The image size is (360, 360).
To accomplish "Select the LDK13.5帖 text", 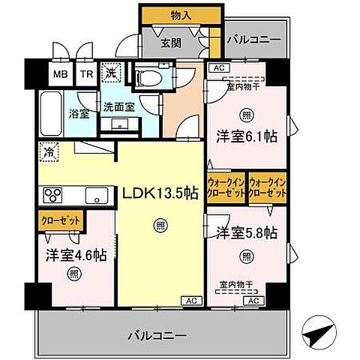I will point(160,193).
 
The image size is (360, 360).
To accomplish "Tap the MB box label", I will point(59,75).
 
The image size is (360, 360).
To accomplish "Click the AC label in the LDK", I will point(190,301).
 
